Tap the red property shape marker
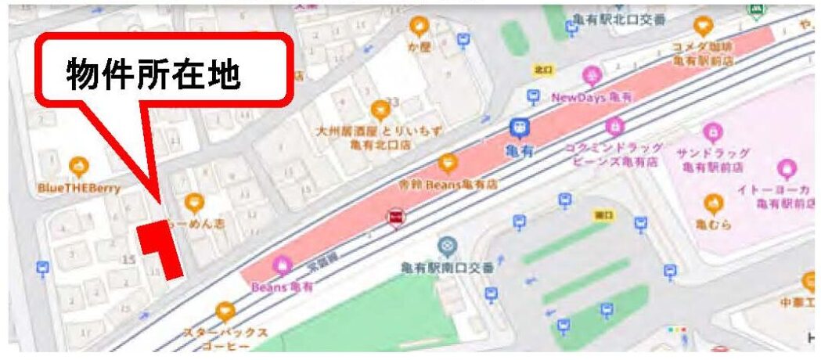pos(163,246)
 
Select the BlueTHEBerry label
pos(79,189)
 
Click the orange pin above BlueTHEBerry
pos(78,167)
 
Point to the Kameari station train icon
pos(518,128)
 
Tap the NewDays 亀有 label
pos(592,98)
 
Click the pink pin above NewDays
pos(592,77)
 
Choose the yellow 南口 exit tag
pos(603,214)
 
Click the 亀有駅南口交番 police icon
pos(447,247)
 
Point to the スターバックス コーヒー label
pos(225,339)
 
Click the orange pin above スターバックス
pos(225,312)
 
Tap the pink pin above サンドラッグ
pos(711,132)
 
